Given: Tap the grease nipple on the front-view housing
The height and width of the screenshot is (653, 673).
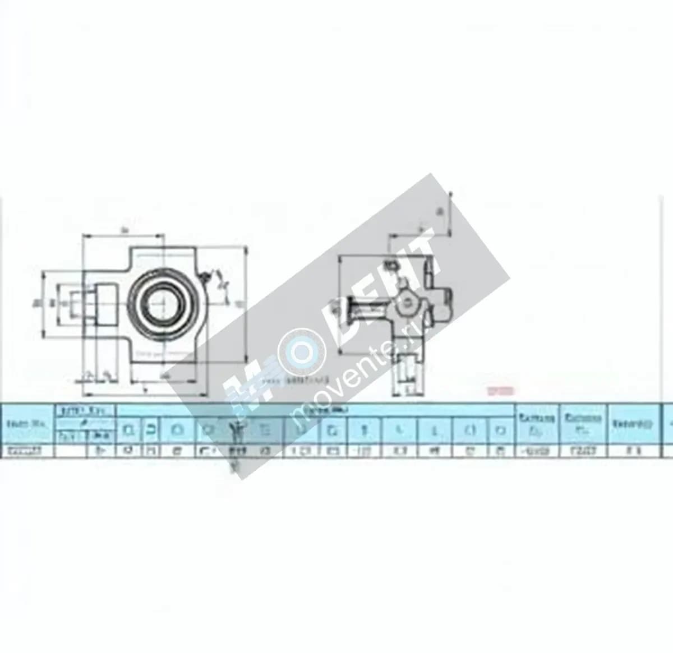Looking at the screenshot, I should tap(204, 277).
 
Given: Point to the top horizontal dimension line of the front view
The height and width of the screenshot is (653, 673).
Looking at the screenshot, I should tap(123, 236).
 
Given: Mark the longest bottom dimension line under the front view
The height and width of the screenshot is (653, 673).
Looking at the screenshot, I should tap(146, 393).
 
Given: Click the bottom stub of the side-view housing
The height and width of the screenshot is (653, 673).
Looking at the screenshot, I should tap(411, 370).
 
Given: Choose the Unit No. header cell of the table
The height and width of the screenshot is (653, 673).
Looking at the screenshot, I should tap(26, 424).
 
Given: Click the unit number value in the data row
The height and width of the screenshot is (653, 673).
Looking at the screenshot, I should tap(26, 450).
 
